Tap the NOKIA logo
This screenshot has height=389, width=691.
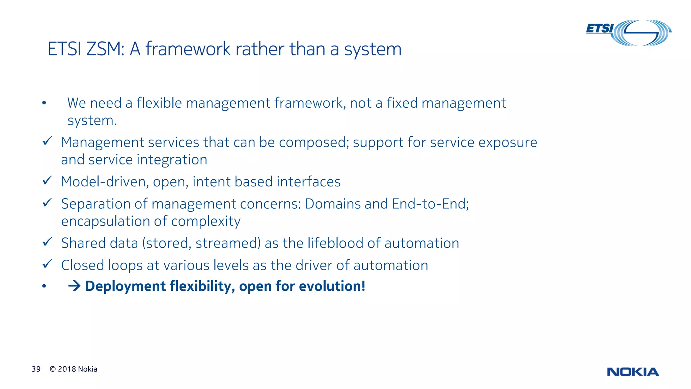click(633, 372)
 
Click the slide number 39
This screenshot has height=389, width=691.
click(36, 369)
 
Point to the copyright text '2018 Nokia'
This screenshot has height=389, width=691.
click(77, 369)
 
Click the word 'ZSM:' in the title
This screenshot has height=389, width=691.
click(106, 49)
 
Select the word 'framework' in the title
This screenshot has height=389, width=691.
click(188, 49)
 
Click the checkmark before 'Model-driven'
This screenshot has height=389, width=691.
click(47, 180)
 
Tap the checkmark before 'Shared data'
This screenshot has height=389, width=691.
click(47, 242)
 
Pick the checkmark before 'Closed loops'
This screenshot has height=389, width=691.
click(47, 264)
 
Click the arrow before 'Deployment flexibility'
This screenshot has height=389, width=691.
click(74, 286)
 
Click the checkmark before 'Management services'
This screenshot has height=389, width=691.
click(47, 141)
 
